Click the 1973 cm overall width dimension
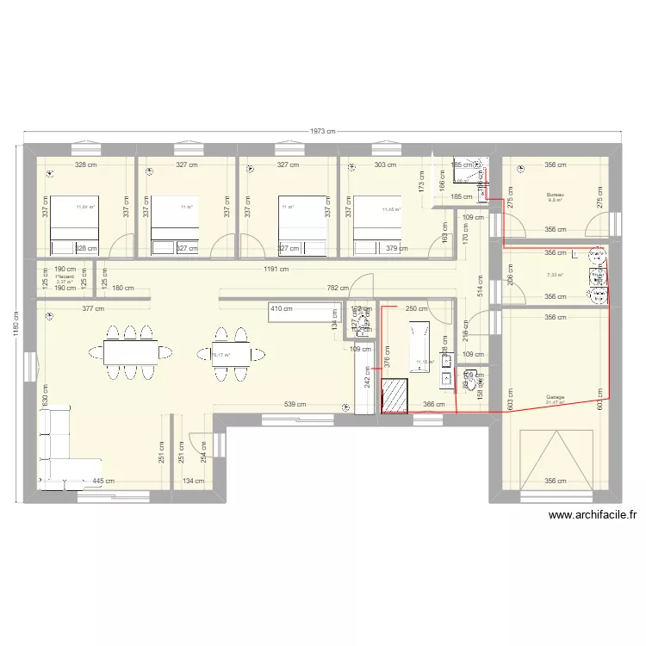[x=323, y=131]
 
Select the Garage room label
[x=555, y=398]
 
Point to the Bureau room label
[x=555, y=196]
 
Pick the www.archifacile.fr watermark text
[x=593, y=516]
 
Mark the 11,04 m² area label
[x=85, y=207]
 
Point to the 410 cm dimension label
[x=282, y=307]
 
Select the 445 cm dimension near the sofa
[x=103, y=481]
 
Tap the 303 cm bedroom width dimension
[x=385, y=165]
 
